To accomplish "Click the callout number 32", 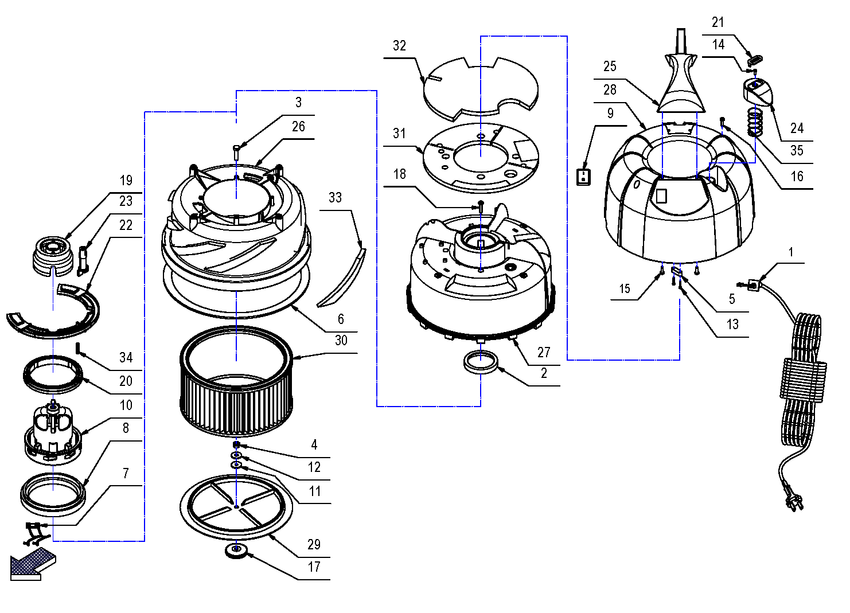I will (399, 46).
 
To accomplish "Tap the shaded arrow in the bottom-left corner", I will (32, 563).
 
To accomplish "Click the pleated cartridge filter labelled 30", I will (236, 381).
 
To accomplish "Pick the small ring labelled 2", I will (480, 362).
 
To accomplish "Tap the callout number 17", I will (314, 567).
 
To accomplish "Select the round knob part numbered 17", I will (236, 551).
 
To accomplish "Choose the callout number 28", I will (610, 90).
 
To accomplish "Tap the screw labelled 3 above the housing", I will (237, 152).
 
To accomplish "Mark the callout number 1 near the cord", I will (791, 252).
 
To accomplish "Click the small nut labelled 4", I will (236, 445).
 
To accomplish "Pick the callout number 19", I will (126, 181).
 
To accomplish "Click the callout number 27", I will (544, 353).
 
